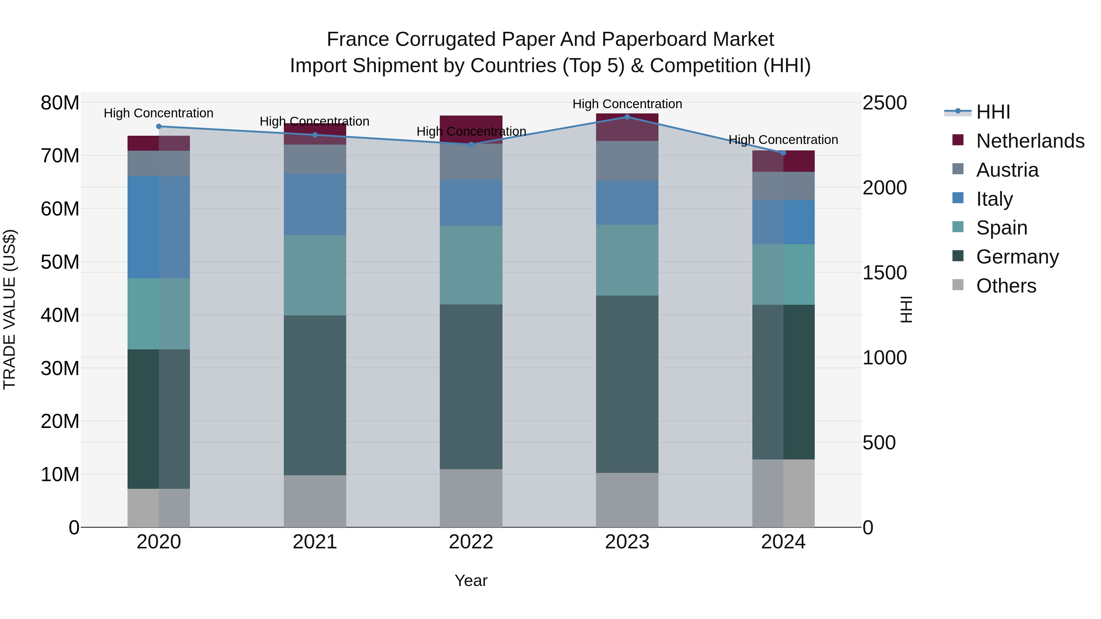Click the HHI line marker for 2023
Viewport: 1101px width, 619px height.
point(627,117)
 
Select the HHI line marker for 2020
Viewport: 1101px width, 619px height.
point(158,126)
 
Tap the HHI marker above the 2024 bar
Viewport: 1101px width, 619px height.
point(783,153)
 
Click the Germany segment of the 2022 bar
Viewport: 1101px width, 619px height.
point(471,387)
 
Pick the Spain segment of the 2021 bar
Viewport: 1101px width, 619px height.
point(315,275)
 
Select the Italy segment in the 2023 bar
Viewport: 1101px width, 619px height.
point(627,202)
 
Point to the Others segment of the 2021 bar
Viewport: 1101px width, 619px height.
point(315,501)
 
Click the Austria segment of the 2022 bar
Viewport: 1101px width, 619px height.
point(471,161)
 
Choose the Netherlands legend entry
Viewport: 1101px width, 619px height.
point(1030,141)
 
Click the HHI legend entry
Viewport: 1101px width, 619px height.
point(993,112)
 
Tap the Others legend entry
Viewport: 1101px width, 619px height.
point(1006,286)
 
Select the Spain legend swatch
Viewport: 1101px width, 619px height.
point(958,227)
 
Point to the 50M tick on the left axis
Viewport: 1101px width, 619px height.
point(60,262)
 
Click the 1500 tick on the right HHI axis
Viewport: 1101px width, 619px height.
point(884,273)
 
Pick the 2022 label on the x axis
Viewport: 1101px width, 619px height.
point(471,542)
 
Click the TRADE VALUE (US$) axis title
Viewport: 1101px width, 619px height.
point(9,309)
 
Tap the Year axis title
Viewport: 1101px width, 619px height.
point(471,580)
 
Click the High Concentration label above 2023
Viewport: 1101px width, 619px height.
point(627,104)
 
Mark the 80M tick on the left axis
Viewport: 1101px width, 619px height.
point(60,103)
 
